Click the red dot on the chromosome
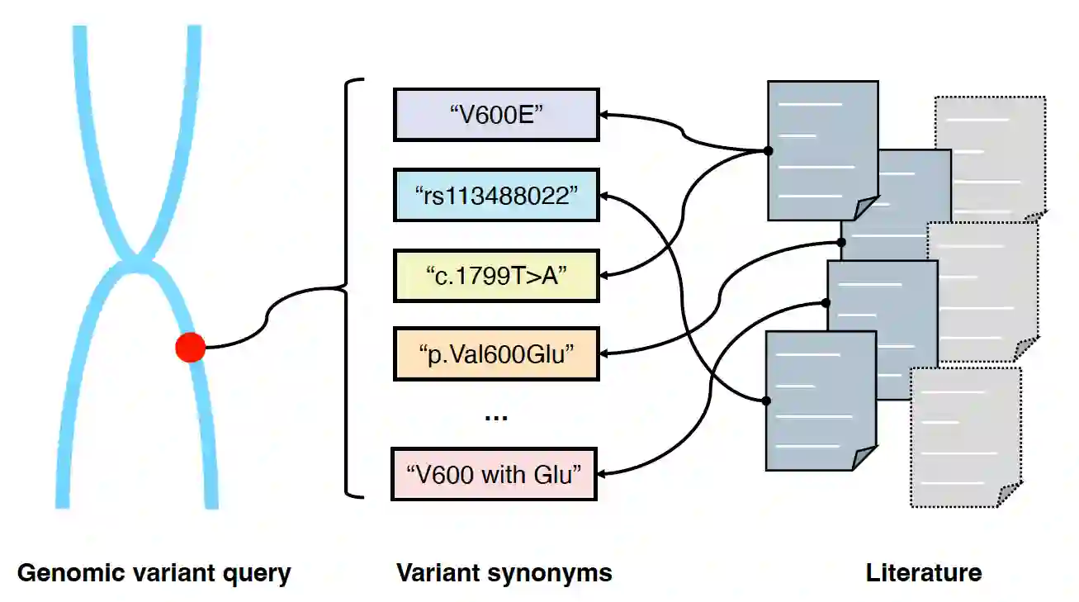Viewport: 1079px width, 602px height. [190, 348]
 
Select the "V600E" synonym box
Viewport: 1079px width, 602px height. [495, 115]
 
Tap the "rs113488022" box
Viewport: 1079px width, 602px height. [495, 196]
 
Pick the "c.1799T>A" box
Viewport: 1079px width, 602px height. [495, 276]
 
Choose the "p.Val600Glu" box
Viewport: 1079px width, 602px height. [495, 354]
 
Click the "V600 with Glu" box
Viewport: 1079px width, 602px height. [495, 474]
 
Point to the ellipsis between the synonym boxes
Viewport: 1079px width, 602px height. [495, 417]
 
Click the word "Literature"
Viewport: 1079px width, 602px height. [923, 572]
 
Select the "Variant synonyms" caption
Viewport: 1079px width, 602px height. [504, 572]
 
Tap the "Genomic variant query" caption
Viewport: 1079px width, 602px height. [154, 572]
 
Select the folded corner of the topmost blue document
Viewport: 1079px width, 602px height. [865, 210]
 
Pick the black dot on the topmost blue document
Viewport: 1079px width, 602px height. [768, 151]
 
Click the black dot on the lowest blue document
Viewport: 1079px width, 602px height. [766, 401]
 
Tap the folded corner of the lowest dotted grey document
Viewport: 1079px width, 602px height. [1009, 495]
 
